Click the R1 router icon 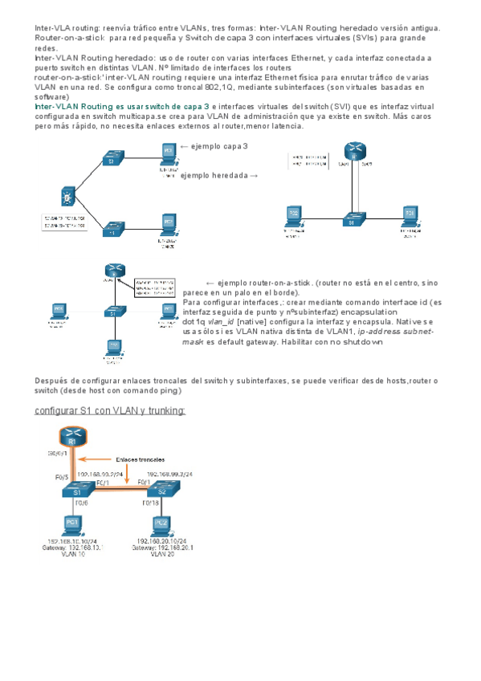coord(72,438)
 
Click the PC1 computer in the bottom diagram coord(72,524)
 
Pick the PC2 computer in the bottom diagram coord(161,524)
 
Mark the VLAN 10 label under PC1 coord(72,553)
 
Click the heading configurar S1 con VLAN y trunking coord(110,410)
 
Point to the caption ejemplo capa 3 coord(214,146)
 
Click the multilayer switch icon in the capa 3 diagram coord(67,196)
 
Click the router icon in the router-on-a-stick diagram coord(112,272)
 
